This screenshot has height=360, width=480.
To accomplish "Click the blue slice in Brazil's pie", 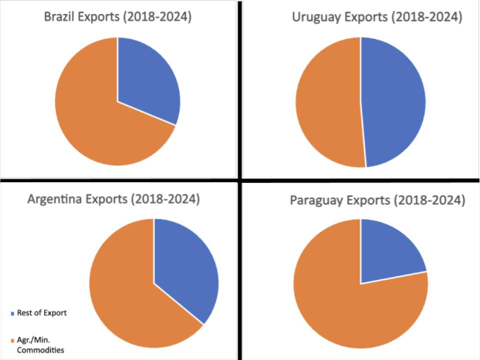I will pyautogui.click(x=147, y=81).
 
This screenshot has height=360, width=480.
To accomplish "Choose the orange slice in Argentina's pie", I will pyautogui.click(x=125, y=294).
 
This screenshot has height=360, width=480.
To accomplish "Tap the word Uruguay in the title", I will pyautogui.click(x=299, y=16).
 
